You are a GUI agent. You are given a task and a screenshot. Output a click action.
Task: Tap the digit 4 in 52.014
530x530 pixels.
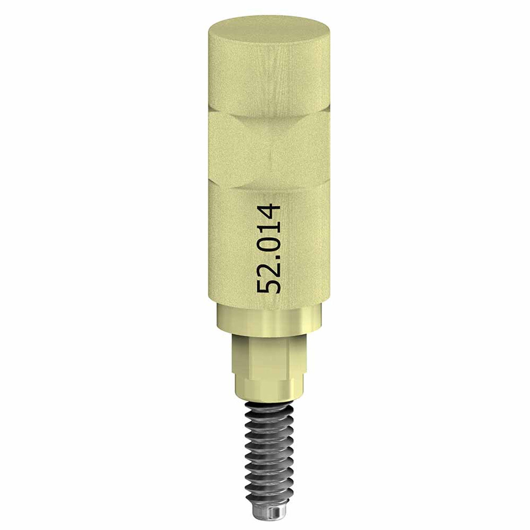[x=268, y=210]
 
